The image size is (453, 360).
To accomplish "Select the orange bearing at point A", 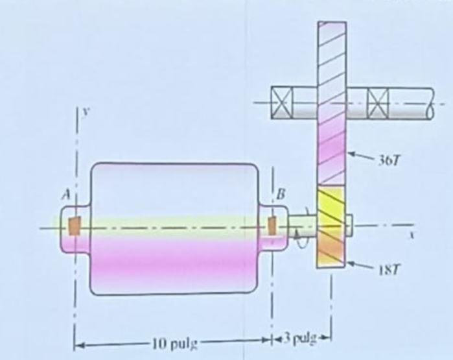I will pos(74,226).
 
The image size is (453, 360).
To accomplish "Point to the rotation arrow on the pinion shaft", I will pos(299,230).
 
